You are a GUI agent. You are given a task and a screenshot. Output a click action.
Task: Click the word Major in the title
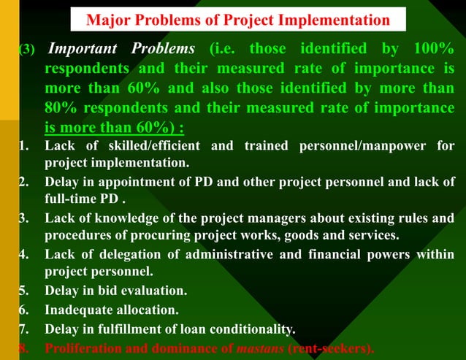click(107, 20)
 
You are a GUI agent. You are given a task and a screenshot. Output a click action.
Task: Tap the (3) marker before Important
click(26, 50)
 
